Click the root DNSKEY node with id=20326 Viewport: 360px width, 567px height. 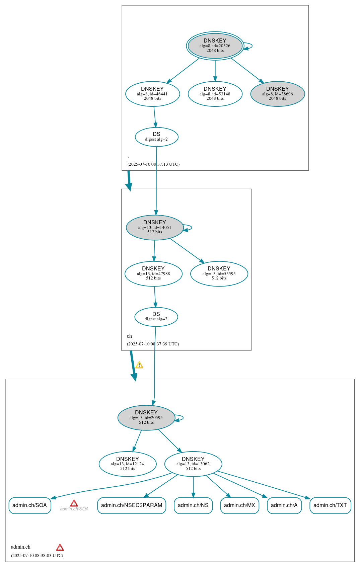(215, 46)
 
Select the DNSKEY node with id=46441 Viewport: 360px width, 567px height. (152, 94)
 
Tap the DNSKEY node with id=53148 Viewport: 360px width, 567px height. (215, 94)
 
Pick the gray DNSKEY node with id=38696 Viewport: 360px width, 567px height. (278, 94)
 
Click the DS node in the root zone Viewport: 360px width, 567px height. (156, 137)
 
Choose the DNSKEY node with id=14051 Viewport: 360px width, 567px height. (155, 227)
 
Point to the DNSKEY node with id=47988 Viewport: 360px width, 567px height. (153, 273)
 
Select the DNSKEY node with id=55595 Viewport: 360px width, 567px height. (219, 273)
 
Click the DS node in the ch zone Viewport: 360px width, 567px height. (156, 317)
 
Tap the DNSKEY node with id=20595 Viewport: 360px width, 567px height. (146, 417)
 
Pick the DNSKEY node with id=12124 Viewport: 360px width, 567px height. (128, 464)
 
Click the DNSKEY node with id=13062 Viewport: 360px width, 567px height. (193, 464)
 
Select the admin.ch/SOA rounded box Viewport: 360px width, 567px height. (30, 505)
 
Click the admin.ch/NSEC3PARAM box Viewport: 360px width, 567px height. (132, 505)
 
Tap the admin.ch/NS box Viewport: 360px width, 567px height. (193, 505)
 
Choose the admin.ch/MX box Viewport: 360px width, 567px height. (239, 505)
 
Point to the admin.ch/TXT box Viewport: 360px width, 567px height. (330, 505)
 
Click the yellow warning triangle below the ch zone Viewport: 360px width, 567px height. (139, 365)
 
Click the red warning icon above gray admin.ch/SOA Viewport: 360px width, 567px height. (74, 503)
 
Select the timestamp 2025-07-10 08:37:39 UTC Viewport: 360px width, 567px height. (153, 344)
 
